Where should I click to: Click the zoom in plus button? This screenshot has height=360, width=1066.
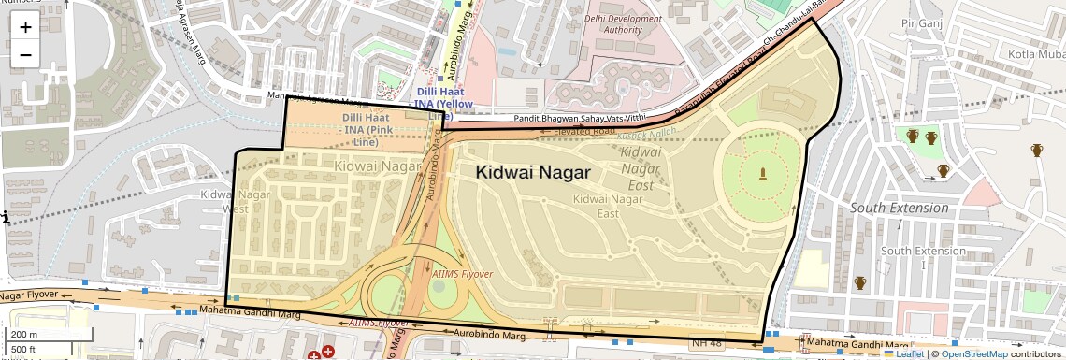tap(25, 26)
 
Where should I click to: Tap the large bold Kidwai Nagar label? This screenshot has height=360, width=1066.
tap(532, 172)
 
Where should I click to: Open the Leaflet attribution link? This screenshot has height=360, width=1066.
tap(903, 353)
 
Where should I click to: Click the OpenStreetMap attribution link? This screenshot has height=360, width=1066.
tap(973, 353)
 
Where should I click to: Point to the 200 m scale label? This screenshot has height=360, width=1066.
tap(24, 335)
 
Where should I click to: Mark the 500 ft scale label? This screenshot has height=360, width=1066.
tap(24, 350)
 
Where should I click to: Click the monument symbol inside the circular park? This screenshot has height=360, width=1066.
tap(763, 173)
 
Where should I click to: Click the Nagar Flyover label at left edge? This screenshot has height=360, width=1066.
tap(28, 296)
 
